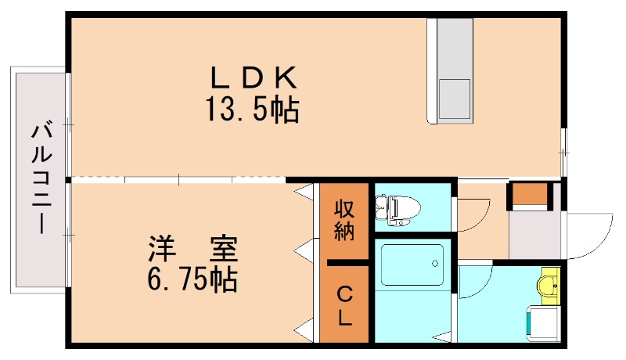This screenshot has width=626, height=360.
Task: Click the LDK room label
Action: (253, 78)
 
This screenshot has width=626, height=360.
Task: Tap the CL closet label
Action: (344, 306)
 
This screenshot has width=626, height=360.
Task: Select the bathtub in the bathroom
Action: (411, 265)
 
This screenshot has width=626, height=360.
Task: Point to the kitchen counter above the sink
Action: (454, 47)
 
